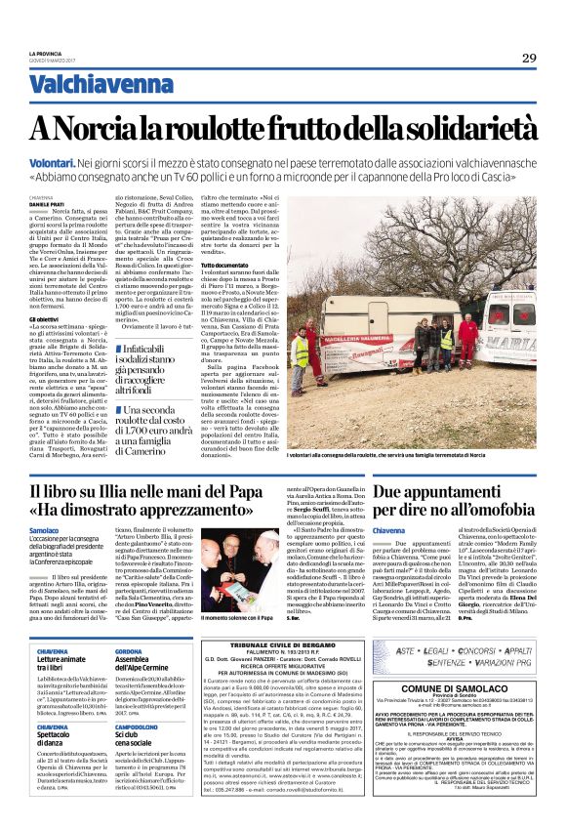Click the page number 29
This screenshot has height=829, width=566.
[529, 58]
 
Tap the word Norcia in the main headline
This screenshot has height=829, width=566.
[111, 127]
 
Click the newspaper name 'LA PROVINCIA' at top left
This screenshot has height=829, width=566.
[47, 54]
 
